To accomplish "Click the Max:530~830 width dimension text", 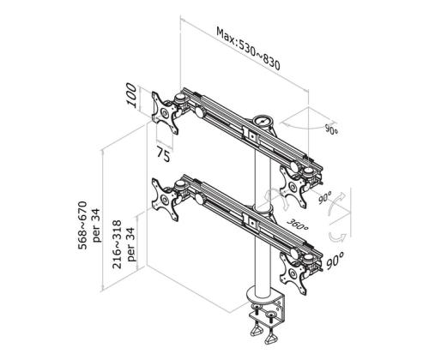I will (x=249, y=50).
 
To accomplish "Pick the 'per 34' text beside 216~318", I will (x=131, y=243).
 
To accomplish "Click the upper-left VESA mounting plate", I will (x=165, y=112).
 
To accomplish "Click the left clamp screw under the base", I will (x=255, y=330).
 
